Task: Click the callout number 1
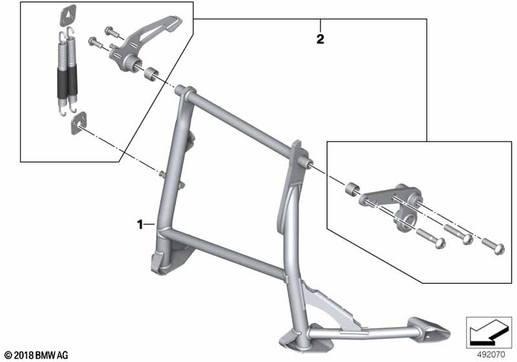tap(140, 224)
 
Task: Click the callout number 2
tap(320, 39)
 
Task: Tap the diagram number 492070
tap(491, 354)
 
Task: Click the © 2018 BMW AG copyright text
tap(37, 356)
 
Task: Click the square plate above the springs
tap(68, 15)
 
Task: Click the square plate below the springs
tap(79, 123)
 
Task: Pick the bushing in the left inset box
tap(151, 74)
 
